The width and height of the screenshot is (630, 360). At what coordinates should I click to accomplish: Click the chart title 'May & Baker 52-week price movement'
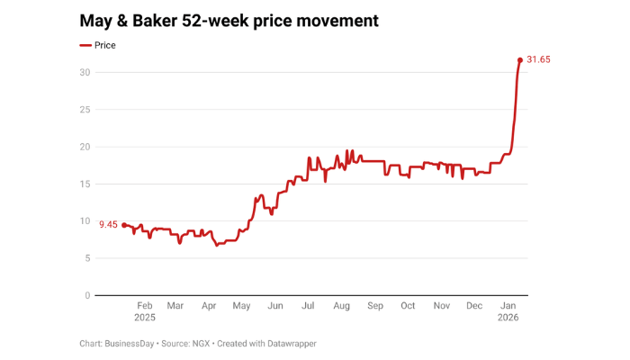[229, 19]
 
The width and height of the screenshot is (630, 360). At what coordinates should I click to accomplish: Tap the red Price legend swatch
[85, 45]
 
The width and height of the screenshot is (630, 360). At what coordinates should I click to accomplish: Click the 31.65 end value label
[544, 60]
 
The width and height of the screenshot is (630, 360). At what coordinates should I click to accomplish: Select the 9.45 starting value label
[108, 224]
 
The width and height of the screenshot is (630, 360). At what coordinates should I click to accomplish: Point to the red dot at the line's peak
[520, 60]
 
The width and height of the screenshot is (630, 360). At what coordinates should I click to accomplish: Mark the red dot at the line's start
[124, 225]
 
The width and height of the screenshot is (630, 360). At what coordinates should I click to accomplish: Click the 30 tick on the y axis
[84, 72]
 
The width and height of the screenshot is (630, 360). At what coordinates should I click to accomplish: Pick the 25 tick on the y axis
[84, 109]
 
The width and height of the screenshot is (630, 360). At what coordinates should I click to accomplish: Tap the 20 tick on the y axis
[84, 147]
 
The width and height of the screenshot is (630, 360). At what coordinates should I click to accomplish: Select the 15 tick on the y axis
[84, 184]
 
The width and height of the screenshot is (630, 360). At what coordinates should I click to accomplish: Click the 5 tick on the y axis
[86, 258]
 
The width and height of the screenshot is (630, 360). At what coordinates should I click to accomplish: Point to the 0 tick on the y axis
[86, 295]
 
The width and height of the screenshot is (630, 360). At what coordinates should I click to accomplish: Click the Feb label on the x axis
[145, 306]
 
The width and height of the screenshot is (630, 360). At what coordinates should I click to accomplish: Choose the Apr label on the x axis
[209, 306]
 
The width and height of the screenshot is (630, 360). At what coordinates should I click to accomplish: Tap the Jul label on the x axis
[309, 306]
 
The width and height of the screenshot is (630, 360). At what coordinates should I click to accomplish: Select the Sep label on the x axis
[375, 306]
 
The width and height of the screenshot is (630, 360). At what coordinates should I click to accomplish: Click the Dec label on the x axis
[474, 306]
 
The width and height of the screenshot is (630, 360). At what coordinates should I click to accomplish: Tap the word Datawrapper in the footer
[286, 343]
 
